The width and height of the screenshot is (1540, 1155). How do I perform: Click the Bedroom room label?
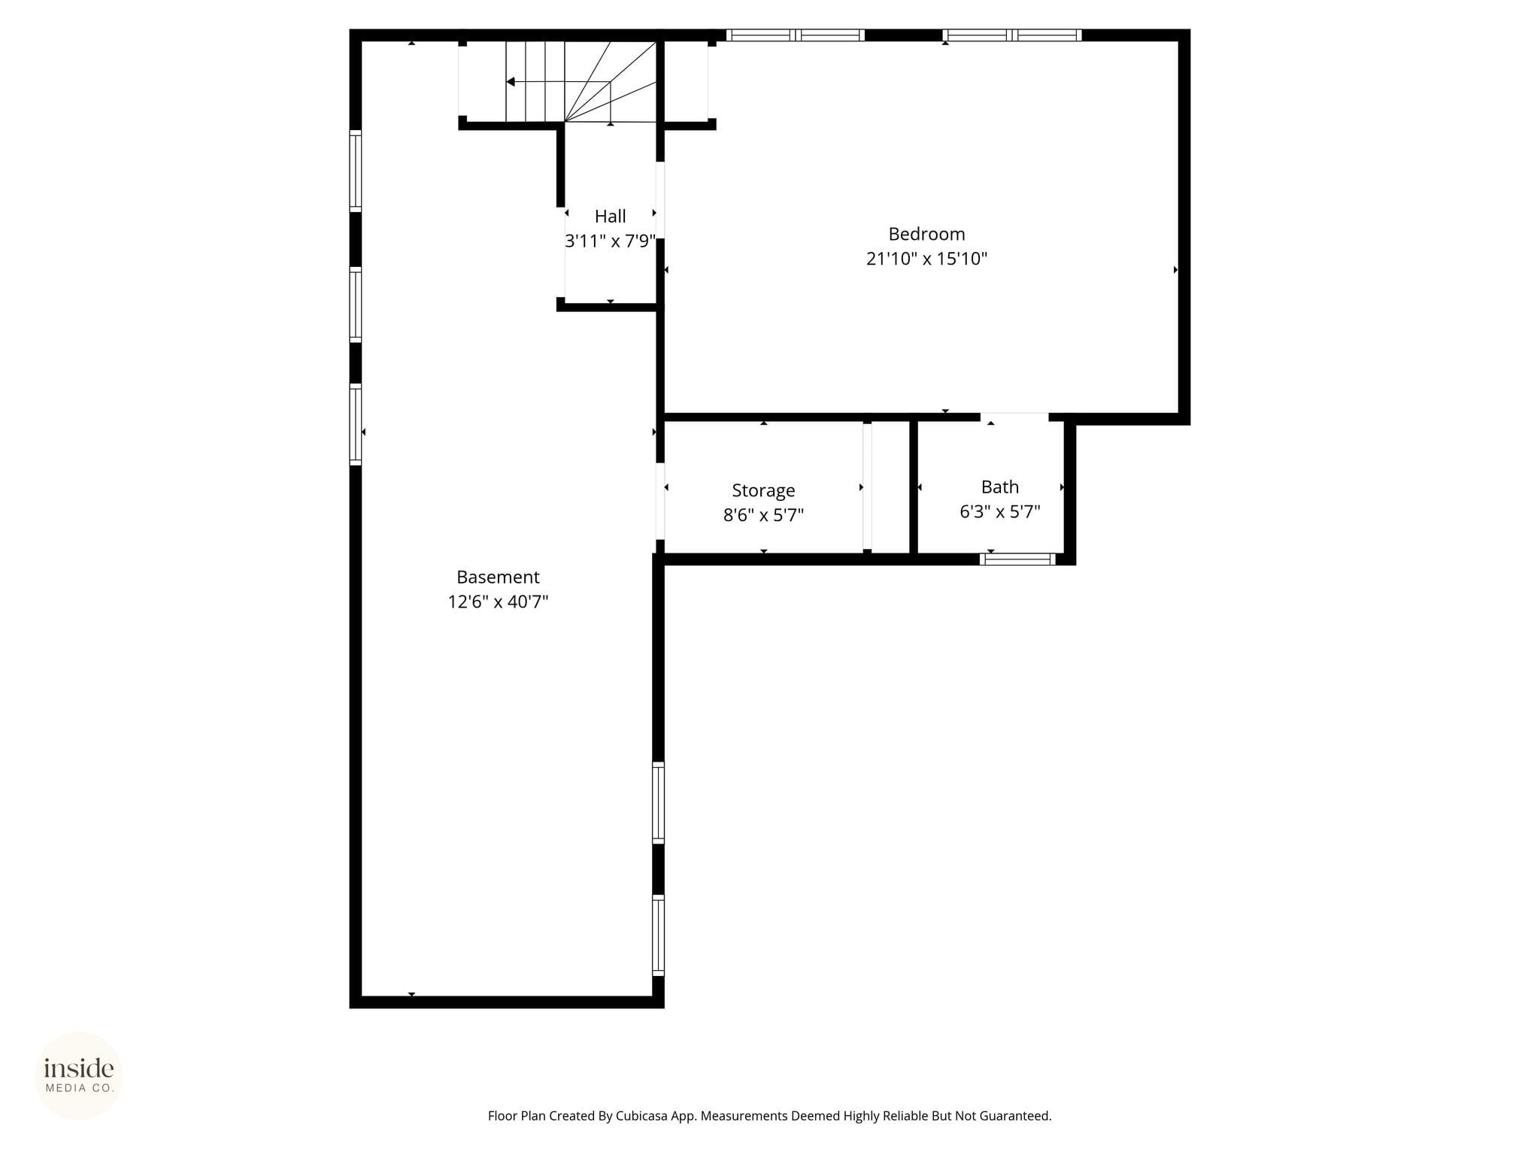[926, 234]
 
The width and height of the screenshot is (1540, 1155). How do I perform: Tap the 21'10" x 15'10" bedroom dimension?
[926, 259]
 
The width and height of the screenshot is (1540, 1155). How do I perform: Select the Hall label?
[610, 217]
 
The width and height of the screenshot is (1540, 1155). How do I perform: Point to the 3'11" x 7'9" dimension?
[610, 241]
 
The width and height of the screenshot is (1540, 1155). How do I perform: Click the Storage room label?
[763, 491]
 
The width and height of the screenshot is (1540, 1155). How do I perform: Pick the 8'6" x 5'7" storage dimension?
[763, 515]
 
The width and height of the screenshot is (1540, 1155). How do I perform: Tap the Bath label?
[1000, 487]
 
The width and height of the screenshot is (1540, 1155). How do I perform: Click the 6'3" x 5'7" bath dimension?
[1000, 512]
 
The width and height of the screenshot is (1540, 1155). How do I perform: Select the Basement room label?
[498, 577]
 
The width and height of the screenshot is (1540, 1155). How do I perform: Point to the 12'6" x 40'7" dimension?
[498, 602]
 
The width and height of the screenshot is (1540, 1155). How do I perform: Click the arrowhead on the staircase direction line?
[511, 81]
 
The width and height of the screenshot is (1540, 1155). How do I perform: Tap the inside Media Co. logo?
[79, 1075]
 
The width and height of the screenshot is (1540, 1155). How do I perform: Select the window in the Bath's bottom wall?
[1017, 559]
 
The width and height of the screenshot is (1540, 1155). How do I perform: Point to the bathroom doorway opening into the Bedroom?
[1014, 417]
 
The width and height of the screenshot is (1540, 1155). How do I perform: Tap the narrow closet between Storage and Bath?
[890, 487]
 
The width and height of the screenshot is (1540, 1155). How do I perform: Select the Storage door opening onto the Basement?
[660, 501]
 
